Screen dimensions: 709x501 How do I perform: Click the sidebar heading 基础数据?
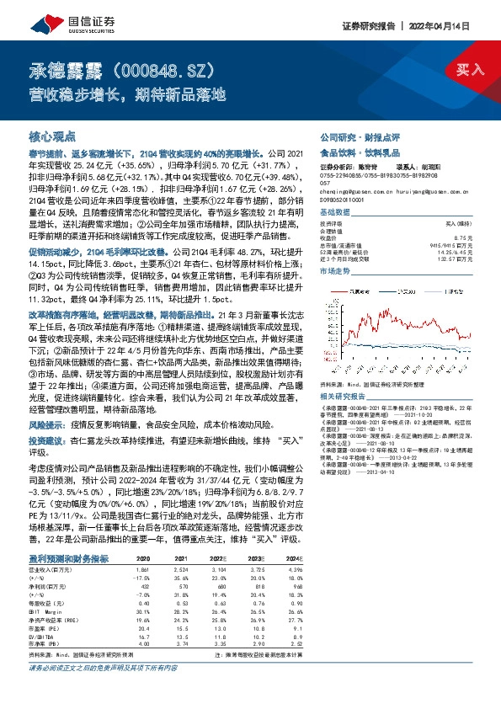(335, 213)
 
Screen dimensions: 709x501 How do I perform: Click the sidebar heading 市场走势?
(335, 273)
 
